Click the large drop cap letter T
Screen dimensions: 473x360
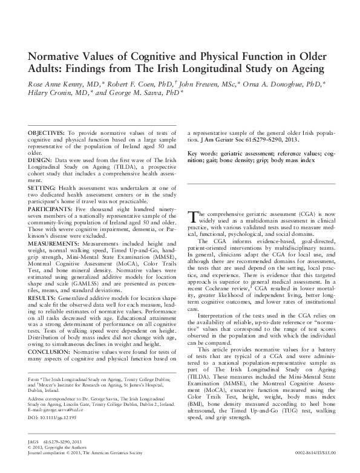[193, 217]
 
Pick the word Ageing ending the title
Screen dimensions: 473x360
[297, 70]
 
